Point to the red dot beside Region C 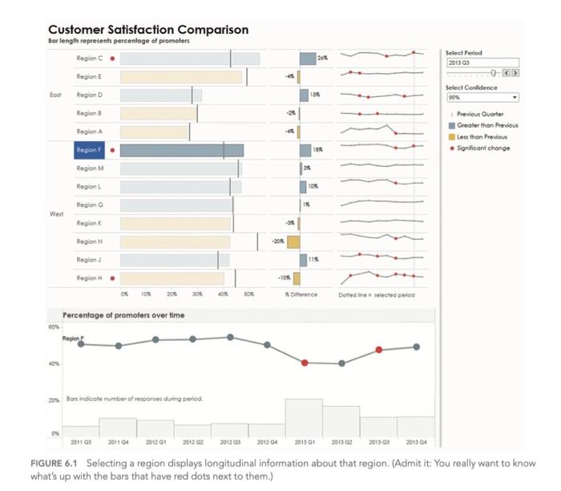point(112,59)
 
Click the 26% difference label point(322,58)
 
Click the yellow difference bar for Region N point(293,241)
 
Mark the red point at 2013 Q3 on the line point(379,350)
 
